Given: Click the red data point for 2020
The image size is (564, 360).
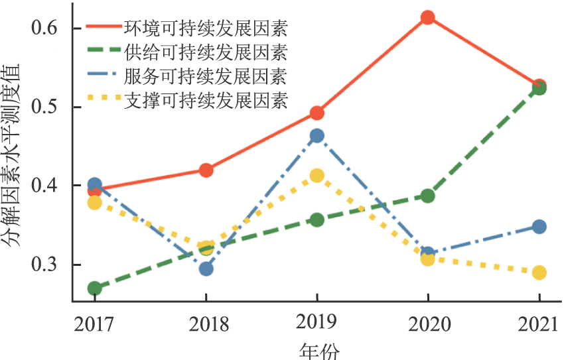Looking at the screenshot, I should [x=428, y=18].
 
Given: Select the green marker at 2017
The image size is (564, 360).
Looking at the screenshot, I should [x=95, y=288].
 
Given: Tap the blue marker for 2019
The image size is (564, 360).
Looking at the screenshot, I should [x=317, y=136].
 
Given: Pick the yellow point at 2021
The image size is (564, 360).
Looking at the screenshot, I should [x=539, y=272].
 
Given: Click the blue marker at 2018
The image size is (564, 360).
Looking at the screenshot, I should [x=206, y=269].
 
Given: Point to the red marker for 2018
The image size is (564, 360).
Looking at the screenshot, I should [x=206, y=170].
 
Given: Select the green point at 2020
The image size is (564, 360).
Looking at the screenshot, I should [x=428, y=196].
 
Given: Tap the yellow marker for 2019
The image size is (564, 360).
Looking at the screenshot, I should [x=317, y=176].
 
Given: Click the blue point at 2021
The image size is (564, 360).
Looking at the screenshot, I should [x=539, y=227].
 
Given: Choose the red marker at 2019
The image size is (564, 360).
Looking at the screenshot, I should [x=317, y=113].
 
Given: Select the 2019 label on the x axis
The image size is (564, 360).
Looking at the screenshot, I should [x=317, y=324].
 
